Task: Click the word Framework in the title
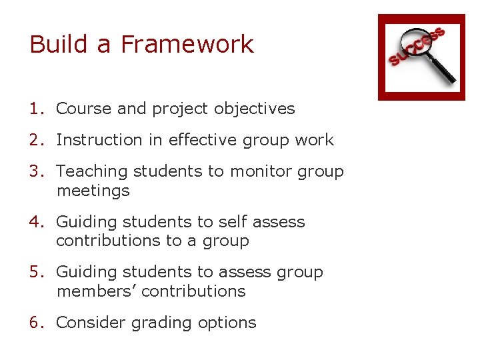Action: coord(187,45)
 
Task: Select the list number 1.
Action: coord(36,109)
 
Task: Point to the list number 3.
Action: coord(36,171)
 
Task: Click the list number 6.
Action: coord(36,323)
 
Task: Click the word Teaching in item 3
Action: coord(92,171)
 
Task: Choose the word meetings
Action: coord(93,191)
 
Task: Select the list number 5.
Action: coord(36,273)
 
